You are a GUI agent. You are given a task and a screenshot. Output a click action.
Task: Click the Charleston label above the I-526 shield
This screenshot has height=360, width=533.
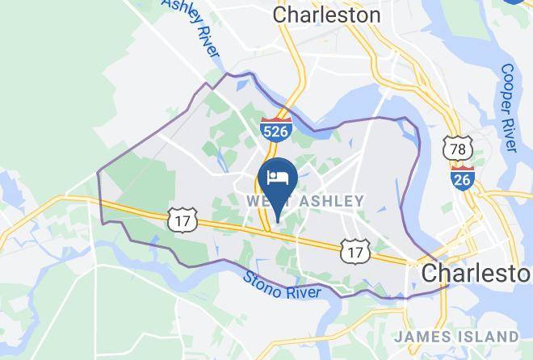click(327, 15)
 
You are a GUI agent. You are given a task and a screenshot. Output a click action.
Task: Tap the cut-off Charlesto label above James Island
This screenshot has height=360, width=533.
click(476, 272)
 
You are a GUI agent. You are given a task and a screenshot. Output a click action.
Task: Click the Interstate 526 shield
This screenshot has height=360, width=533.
click(275, 128)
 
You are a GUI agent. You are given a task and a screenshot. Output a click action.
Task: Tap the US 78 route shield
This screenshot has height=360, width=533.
click(456, 149)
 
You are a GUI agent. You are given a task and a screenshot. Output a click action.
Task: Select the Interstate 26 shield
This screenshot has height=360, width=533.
click(463, 177)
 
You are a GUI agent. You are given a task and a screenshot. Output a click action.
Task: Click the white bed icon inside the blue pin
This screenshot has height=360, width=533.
click(278, 178)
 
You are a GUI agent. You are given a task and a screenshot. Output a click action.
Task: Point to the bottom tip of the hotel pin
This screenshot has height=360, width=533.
click(278, 219)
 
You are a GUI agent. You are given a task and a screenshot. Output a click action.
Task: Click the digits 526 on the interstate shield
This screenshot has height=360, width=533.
click(275, 132)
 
